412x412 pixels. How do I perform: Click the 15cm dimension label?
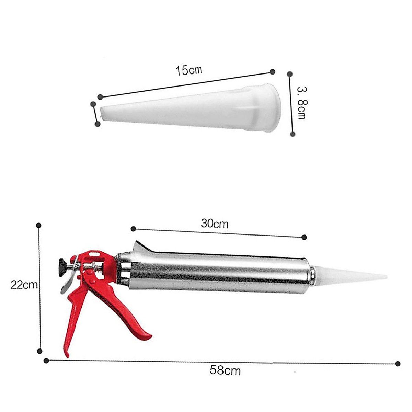click(x=189, y=70)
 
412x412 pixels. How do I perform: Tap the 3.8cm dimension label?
click(x=301, y=103)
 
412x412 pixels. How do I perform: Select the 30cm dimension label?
click(x=215, y=224)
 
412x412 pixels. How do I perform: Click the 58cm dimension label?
click(x=225, y=370)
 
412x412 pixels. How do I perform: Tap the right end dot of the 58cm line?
click(x=398, y=364)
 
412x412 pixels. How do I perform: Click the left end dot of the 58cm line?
click(x=46, y=360)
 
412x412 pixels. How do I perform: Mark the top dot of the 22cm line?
click(x=39, y=225)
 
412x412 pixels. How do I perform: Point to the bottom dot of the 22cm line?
click(x=40, y=351)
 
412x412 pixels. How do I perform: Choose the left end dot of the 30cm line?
click(x=134, y=229)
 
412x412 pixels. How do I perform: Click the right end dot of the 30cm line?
click(x=304, y=237)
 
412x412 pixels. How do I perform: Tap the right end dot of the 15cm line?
click(x=272, y=71)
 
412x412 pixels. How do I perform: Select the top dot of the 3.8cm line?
click(x=289, y=74)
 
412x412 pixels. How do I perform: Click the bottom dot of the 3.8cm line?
click(x=293, y=134)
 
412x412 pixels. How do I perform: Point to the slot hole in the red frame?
click(x=95, y=254)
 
